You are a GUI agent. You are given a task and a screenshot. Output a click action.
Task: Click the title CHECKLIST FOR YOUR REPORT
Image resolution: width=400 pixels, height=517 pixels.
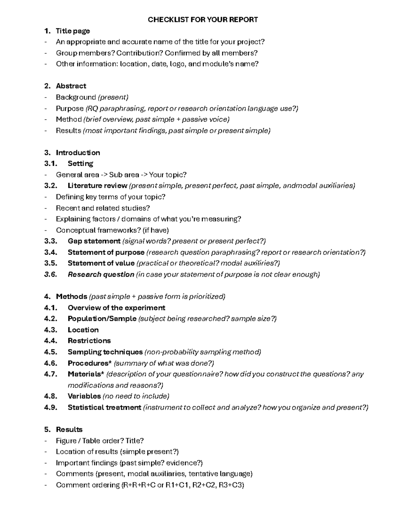(x=203, y=20)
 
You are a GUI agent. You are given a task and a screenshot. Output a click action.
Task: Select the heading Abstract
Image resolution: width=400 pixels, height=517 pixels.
(x=71, y=86)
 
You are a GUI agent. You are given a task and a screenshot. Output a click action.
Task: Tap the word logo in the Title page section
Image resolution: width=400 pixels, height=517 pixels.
(x=177, y=64)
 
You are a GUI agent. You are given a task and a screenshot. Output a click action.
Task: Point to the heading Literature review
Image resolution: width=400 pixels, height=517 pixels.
(x=97, y=185)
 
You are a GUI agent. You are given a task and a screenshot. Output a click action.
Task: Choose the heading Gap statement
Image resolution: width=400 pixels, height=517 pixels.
(x=94, y=241)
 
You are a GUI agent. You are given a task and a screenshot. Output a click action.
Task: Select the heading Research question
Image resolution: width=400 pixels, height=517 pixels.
(x=101, y=274)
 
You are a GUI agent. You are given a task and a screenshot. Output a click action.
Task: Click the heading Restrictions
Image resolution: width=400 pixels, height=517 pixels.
(x=89, y=341)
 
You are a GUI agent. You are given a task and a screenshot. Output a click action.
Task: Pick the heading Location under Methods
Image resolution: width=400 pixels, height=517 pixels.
(x=83, y=330)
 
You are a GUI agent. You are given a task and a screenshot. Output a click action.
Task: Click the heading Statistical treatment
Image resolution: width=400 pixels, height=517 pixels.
(x=104, y=407)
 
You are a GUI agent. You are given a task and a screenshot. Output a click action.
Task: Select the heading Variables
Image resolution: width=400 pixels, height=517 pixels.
(x=84, y=396)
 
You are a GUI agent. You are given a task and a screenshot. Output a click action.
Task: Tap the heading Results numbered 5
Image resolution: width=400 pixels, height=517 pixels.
(x=69, y=429)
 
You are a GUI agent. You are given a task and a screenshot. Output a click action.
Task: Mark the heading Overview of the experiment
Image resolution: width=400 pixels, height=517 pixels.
(x=116, y=308)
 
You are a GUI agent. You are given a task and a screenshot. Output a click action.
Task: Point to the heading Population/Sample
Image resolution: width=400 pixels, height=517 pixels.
(x=102, y=319)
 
